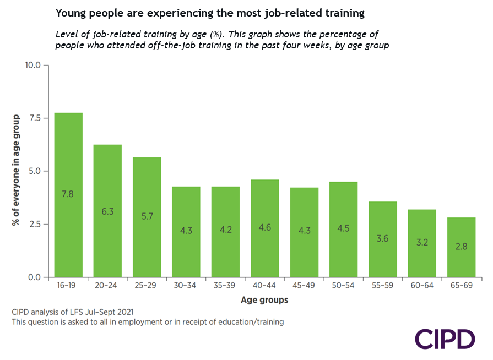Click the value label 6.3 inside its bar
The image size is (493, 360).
click(x=107, y=211)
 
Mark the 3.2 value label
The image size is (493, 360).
click(x=422, y=243)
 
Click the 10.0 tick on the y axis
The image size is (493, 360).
click(x=33, y=65)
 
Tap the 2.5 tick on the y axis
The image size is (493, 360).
click(x=35, y=224)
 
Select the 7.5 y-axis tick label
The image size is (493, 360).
click(x=35, y=118)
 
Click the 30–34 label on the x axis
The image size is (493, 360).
click(x=186, y=287)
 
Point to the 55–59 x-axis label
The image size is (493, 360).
click(x=383, y=287)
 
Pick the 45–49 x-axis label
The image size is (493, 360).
click(x=304, y=287)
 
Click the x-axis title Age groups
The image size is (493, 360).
click(x=264, y=300)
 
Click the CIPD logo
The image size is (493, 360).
click(x=445, y=339)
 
